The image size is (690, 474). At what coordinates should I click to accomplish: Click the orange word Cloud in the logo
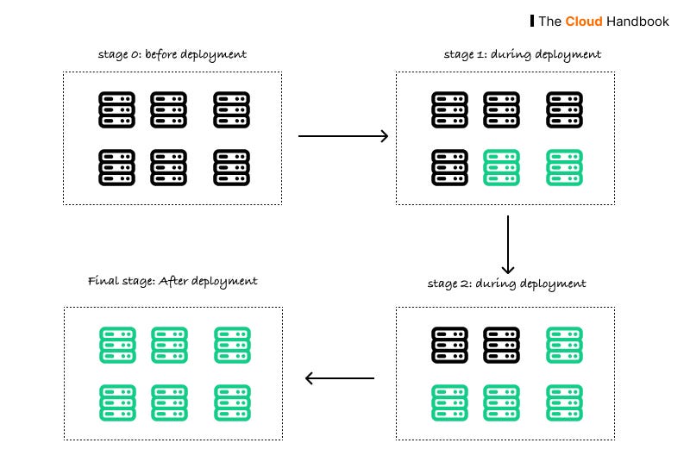(x=583, y=21)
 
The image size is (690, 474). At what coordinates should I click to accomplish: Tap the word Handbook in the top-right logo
(x=637, y=21)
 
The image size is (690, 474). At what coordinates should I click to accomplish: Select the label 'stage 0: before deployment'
(x=172, y=54)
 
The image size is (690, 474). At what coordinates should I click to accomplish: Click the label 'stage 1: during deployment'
(x=522, y=54)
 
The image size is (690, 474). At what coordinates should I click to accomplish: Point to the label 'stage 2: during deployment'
(x=506, y=283)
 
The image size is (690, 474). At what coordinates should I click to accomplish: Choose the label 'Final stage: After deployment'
(x=172, y=281)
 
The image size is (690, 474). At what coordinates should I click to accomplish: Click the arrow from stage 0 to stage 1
(x=342, y=136)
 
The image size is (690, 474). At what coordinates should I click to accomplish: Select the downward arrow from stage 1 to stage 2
(x=508, y=244)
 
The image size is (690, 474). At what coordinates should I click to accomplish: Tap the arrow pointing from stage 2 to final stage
(x=341, y=377)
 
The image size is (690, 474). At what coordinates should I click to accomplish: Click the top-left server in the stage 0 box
(x=116, y=110)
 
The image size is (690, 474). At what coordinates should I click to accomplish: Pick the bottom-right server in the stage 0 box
(x=232, y=167)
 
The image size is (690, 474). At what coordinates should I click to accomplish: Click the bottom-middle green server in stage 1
(x=501, y=167)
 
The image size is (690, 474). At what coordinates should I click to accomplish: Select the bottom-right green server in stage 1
(x=564, y=167)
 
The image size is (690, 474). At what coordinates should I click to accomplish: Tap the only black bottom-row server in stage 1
(x=448, y=167)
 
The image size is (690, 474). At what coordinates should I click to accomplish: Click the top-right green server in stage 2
(x=564, y=344)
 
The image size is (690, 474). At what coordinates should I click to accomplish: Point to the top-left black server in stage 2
(x=448, y=344)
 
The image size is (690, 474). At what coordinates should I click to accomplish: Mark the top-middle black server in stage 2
(x=501, y=344)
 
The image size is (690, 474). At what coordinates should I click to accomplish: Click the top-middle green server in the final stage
(x=169, y=344)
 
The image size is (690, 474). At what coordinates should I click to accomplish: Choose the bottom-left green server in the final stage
(x=116, y=402)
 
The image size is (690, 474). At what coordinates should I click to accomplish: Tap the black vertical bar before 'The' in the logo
(x=531, y=21)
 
